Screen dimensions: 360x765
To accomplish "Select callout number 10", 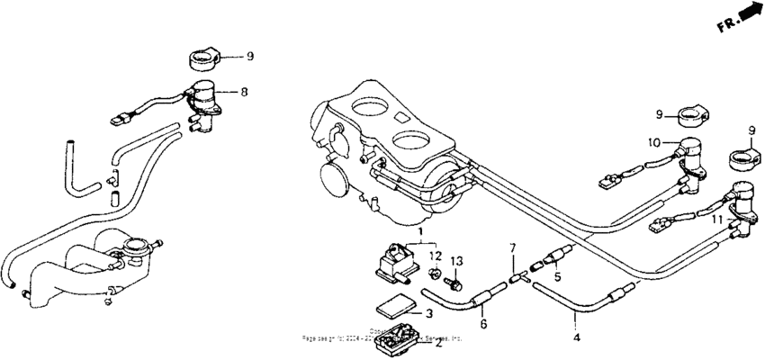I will pos(655,142).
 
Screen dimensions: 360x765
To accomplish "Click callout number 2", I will pos(437,342).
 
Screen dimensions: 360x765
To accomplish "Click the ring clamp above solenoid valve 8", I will pos(206,60).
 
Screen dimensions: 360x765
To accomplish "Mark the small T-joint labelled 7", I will pos(516,278).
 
